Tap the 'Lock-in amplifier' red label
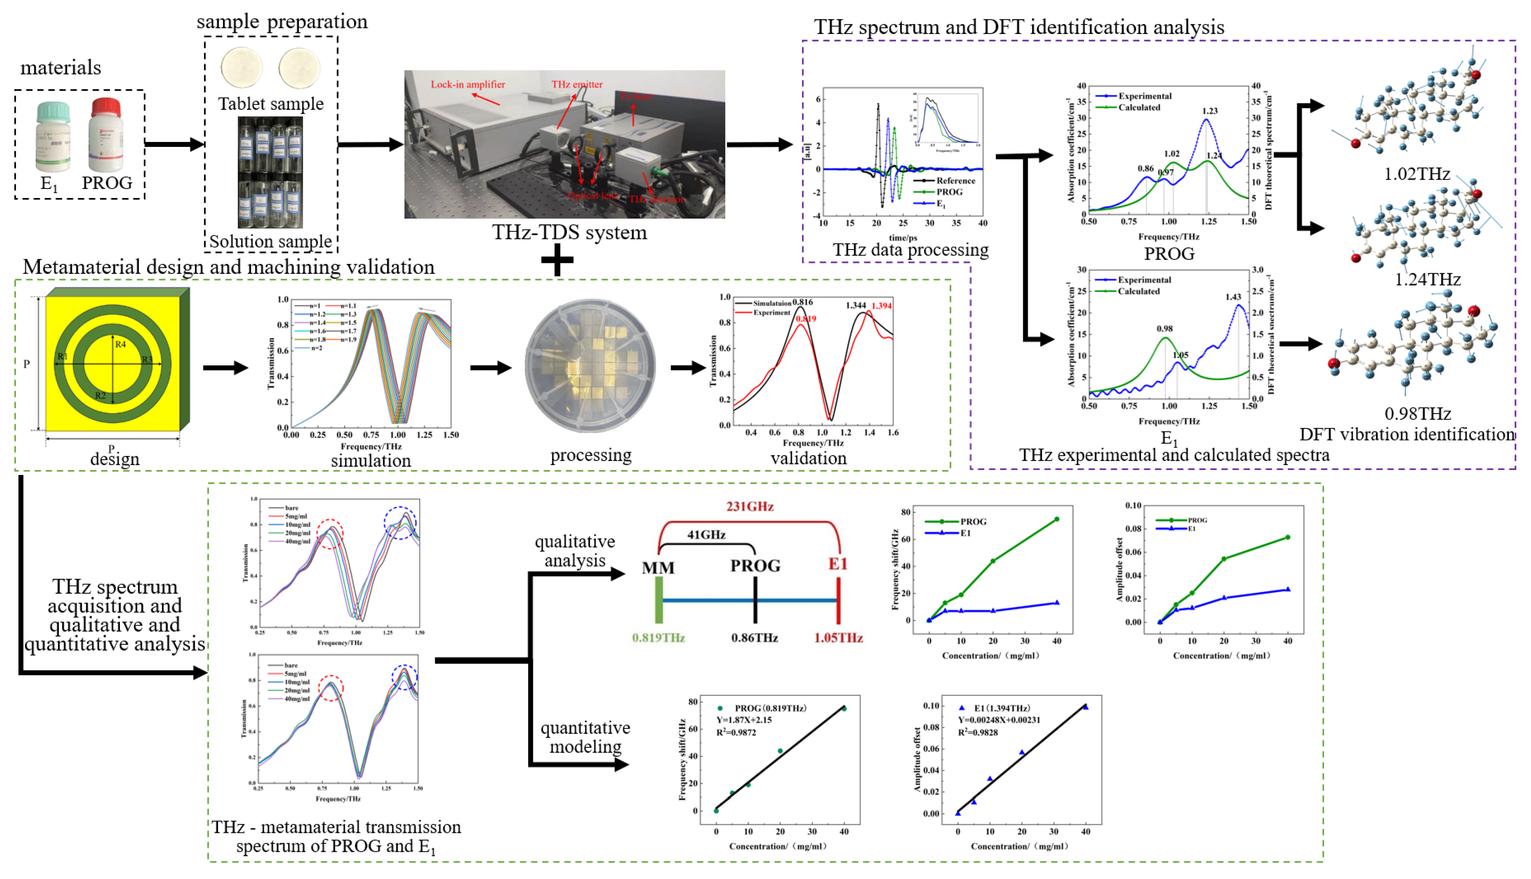pyautogui.click(x=468, y=85)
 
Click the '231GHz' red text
pyautogui.click(x=750, y=507)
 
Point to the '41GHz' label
pyautogui.click(x=706, y=535)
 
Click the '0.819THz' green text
pyautogui.click(x=658, y=638)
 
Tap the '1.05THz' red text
pyautogui.click(x=838, y=638)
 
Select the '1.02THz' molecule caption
pyautogui.click(x=1417, y=174)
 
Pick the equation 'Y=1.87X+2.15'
pyautogui.click(x=744, y=720)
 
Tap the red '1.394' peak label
pyautogui.click(x=881, y=306)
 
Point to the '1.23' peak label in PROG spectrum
pyautogui.click(x=1210, y=111)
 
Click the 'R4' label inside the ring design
pyautogui.click(x=120, y=345)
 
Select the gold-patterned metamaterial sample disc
pyautogui.click(x=590, y=366)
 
